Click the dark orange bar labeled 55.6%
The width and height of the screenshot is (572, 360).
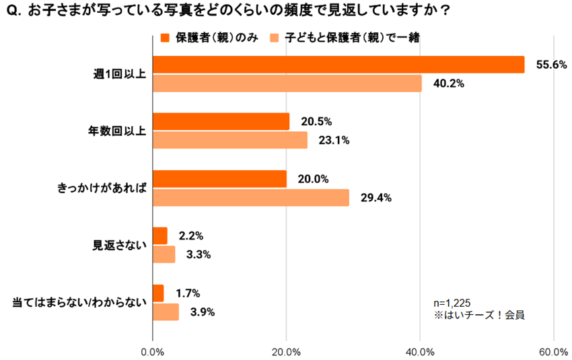pos(338,65)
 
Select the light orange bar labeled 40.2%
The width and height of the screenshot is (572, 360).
pos(287,83)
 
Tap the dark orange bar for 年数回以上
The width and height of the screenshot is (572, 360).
pos(221,122)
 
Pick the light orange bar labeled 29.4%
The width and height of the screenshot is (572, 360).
pos(251,198)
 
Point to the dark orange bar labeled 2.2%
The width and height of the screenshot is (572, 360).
pos(160,236)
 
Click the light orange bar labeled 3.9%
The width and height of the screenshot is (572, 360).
pos(166,312)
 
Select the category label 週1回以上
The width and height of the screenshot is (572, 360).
pos(119,74)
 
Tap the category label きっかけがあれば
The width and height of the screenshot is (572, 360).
pos(100,188)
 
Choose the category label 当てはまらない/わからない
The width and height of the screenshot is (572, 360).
pos(79,303)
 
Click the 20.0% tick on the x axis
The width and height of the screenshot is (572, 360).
pos(287,351)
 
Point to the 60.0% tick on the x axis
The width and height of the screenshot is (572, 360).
pos(553,351)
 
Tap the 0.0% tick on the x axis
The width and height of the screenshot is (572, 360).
pos(153,351)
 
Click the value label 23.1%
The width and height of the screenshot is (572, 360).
pos(334,141)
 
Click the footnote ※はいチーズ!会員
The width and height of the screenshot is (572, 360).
pos(479,314)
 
